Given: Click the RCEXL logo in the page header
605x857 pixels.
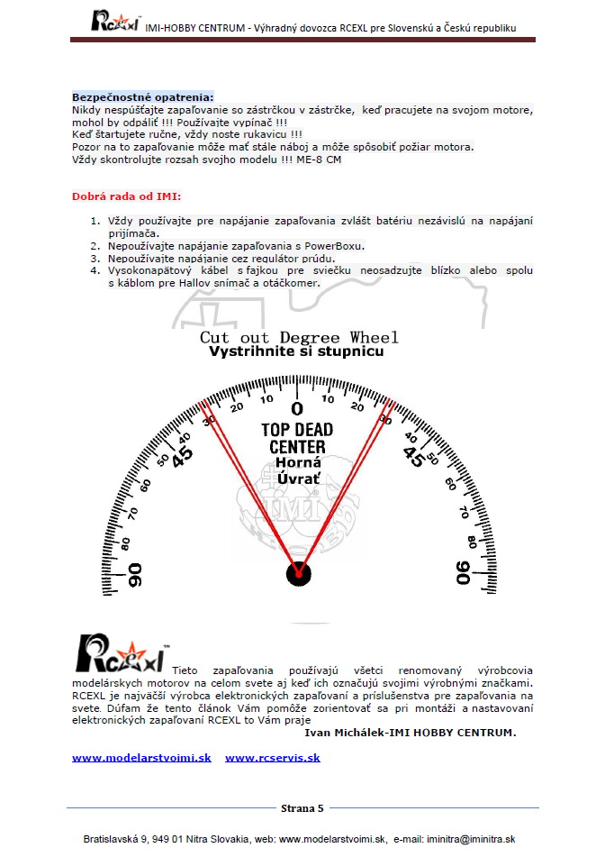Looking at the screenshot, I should [114, 20].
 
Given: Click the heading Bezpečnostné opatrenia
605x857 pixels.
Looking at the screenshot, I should [143, 96].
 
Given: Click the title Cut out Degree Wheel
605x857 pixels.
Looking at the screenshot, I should [299, 337].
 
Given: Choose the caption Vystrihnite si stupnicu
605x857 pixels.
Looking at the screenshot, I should [296, 351].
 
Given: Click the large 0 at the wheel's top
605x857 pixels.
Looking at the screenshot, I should [298, 408].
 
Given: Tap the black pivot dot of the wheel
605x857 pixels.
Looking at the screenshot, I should [298, 572].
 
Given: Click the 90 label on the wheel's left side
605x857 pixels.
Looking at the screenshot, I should [136, 575].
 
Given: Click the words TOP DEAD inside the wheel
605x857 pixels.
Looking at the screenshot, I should [298, 430].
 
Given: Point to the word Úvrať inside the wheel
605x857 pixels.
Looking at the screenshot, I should [298, 479].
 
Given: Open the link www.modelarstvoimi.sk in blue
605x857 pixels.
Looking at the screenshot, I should [141, 758].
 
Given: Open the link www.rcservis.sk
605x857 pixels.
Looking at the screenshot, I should [273, 758].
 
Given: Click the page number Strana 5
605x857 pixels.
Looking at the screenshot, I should [302, 808].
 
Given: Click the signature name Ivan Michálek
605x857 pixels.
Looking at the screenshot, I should [348, 733].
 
